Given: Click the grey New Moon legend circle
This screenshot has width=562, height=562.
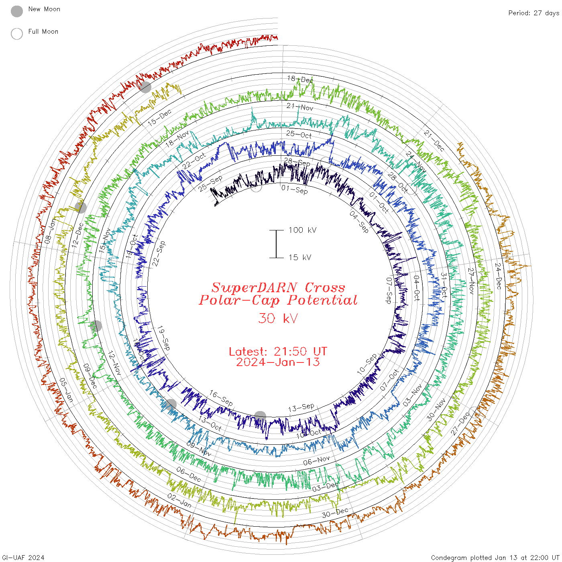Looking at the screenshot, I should click(17, 11).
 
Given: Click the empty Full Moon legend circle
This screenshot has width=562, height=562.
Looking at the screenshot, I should click(17, 34).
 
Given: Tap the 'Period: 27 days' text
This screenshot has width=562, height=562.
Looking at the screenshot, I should click(533, 13).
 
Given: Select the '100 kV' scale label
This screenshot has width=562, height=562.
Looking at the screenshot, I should click(302, 230).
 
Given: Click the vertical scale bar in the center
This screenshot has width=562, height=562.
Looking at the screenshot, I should click(276, 244).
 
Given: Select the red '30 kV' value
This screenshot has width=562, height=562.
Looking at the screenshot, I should click(278, 318).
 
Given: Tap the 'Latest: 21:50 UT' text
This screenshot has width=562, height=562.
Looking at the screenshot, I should click(278, 351).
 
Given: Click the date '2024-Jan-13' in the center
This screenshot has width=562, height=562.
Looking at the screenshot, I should click(278, 362).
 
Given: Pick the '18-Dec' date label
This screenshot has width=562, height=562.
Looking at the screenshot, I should click(300, 79).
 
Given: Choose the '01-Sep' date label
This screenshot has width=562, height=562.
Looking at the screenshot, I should click(295, 189).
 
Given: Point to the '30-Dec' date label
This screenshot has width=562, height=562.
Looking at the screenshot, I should click(335, 513).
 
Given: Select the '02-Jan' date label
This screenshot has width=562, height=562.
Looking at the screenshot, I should click(179, 500).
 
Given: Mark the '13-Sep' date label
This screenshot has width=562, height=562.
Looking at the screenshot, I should click(301, 408).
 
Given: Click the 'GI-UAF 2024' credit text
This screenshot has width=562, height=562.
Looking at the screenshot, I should click(22, 558).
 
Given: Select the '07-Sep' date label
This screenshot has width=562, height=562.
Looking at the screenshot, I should click(389, 290).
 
